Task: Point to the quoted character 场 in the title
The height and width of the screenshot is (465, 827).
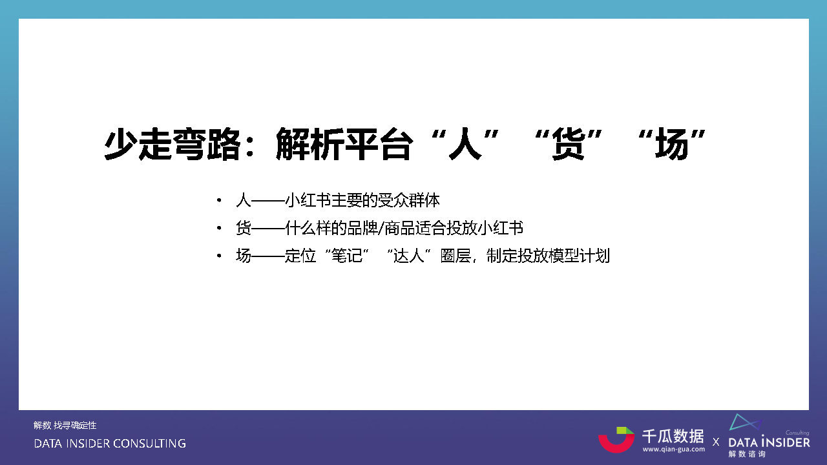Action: [670, 143]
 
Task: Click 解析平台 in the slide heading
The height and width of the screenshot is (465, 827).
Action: [343, 143]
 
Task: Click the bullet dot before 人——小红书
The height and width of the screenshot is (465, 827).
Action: [220, 201]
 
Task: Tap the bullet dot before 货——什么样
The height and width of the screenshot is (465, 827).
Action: [220, 229]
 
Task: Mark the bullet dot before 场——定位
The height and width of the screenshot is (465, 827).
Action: [220, 256]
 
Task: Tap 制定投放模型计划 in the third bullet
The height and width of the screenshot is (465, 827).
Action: [549, 256]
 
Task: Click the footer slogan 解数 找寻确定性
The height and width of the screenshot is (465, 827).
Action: [65, 426]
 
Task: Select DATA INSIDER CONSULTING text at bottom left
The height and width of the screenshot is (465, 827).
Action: [110, 444]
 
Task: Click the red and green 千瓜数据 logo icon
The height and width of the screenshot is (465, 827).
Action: [616, 439]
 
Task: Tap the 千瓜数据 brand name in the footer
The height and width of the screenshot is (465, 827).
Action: [673, 435]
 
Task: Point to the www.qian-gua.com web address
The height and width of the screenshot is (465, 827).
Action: [673, 449]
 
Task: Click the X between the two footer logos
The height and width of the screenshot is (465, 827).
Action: [716, 442]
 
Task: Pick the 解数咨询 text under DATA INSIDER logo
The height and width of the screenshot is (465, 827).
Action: [747, 454]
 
